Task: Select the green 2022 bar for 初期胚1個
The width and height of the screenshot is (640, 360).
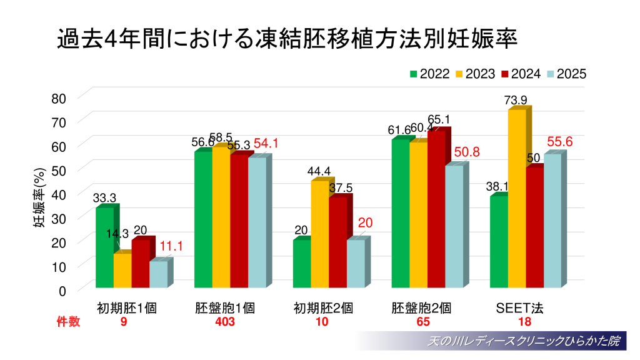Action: [104, 247]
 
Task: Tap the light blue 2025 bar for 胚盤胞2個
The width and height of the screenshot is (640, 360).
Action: [454, 226]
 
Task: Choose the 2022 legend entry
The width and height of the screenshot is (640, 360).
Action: [429, 74]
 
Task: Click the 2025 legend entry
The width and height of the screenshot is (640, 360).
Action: [565, 74]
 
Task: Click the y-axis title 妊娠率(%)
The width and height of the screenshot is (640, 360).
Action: [39, 198]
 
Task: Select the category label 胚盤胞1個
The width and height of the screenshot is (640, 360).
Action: [224, 308]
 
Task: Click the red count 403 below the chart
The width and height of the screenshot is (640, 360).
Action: [224, 322]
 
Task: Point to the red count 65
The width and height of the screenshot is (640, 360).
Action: [422, 322]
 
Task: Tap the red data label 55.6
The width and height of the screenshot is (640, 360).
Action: [560, 142]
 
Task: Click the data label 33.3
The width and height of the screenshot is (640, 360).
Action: [104, 198]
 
